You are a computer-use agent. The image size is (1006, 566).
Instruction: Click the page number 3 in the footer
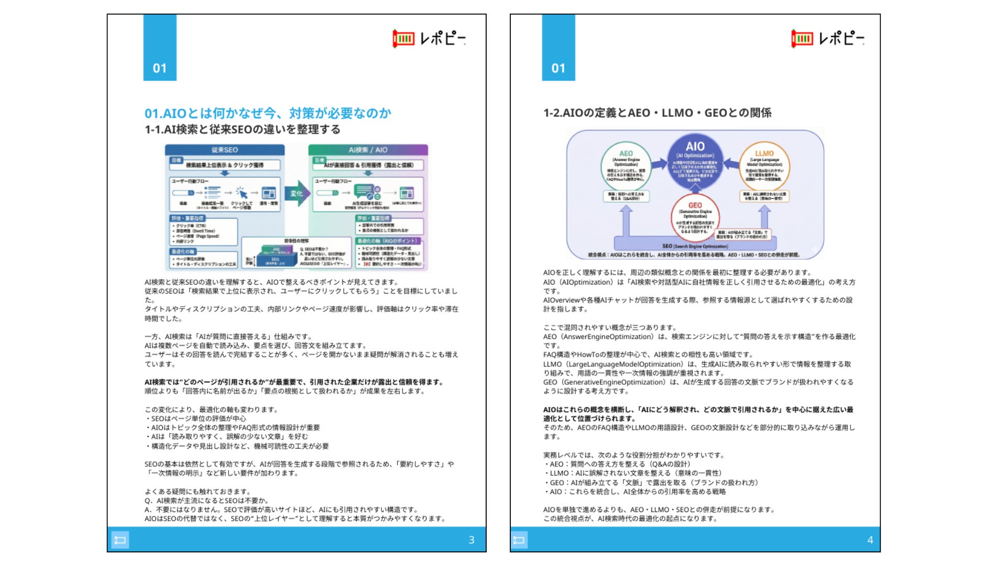pos(471,540)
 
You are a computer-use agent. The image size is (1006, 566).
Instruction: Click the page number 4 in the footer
pos(870,540)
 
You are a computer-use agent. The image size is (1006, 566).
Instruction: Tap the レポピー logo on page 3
pos(429,38)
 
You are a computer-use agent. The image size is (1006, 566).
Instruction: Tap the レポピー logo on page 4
pos(827,38)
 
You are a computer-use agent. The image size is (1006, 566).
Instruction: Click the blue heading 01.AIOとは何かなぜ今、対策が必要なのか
pos(268,113)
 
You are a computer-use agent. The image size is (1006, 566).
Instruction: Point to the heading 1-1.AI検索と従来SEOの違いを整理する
pos(243,129)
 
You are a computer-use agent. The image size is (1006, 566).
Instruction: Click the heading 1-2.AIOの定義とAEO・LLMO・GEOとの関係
pos(657,113)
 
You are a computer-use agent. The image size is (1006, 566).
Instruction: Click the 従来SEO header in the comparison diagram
pos(224,150)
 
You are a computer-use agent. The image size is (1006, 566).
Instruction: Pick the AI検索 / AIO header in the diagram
pos(368,150)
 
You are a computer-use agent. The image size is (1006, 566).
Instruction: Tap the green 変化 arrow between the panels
pos(297,193)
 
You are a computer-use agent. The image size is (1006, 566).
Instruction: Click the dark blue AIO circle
pos(695,160)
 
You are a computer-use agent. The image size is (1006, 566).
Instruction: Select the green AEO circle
pos(626,167)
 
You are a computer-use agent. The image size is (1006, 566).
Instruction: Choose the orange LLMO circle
pos(764,167)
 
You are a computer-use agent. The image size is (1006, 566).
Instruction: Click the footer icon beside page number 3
pos(120,540)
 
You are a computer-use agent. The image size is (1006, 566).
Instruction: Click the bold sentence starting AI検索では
pos(294,382)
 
